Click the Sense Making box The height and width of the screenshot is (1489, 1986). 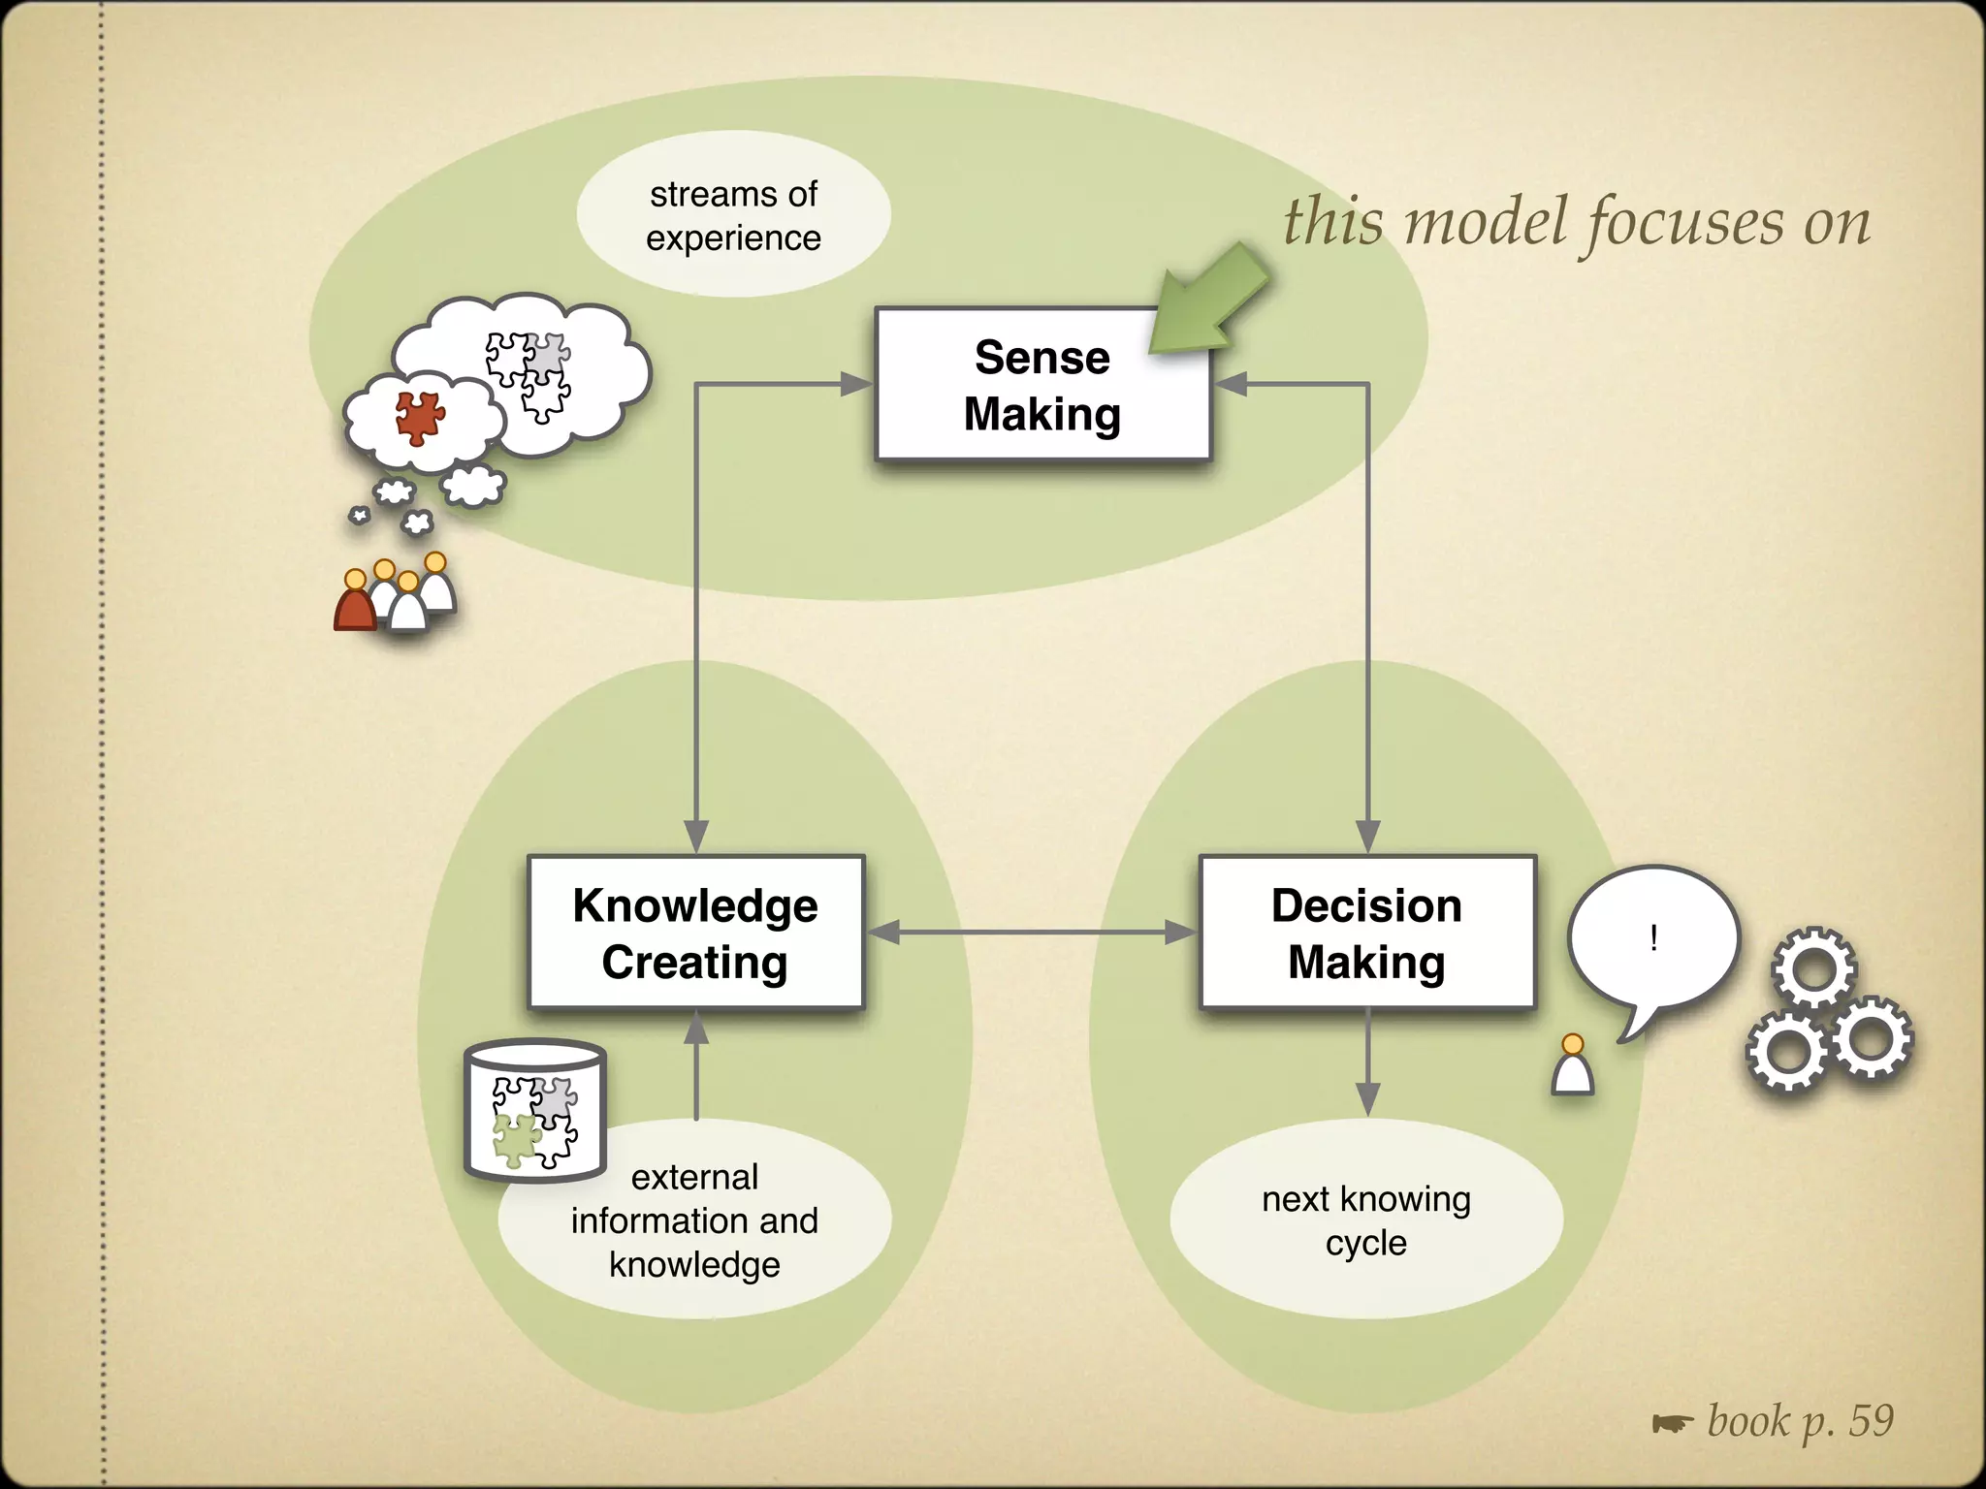(x=1041, y=385)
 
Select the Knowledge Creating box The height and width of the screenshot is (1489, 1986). (x=695, y=933)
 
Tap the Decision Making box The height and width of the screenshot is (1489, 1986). (x=1366, y=933)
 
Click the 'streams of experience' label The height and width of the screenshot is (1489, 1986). (x=733, y=215)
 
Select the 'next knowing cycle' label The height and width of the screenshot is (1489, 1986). (x=1365, y=1220)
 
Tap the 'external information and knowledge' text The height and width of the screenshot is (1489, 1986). (x=694, y=1220)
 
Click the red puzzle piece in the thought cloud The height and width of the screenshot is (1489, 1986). (x=419, y=418)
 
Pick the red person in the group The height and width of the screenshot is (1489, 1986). (x=355, y=605)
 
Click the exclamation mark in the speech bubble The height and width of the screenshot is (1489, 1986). (x=1653, y=937)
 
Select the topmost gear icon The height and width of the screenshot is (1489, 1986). (x=1813, y=969)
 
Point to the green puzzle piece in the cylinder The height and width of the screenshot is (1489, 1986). (x=516, y=1140)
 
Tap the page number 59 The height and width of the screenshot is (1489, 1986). (x=1871, y=1421)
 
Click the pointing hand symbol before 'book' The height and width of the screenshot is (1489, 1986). (x=1672, y=1423)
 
